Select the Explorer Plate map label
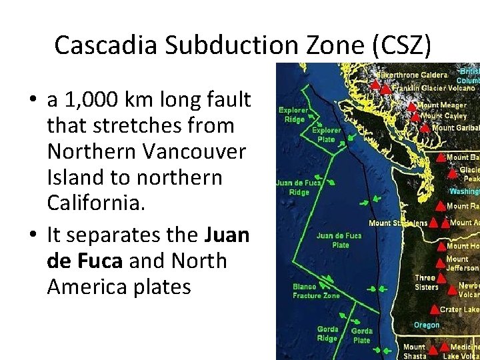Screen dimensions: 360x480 (x=326, y=135)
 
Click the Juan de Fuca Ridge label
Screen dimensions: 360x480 (x=299, y=187)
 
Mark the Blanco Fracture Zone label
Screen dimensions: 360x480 (x=316, y=291)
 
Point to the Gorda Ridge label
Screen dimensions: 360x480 (x=327, y=333)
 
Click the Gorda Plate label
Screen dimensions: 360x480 (x=361, y=335)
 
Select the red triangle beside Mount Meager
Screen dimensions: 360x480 (x=411, y=105)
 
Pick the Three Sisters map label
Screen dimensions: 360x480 (x=426, y=282)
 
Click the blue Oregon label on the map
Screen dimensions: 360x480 (x=427, y=325)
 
